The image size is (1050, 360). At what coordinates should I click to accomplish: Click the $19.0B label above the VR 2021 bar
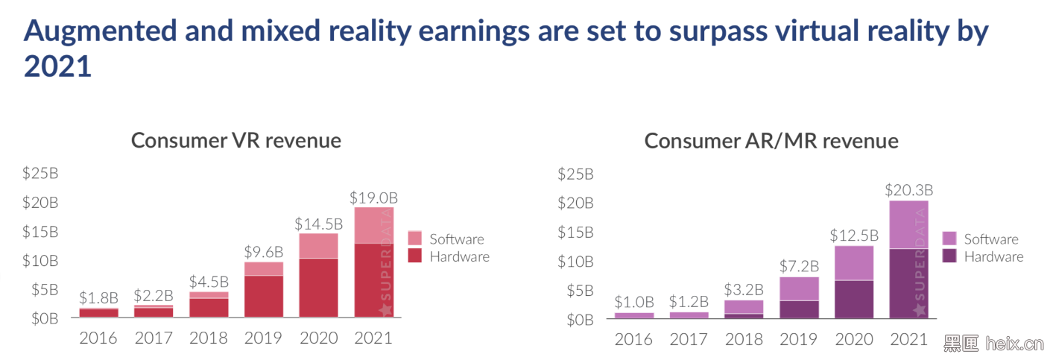[x=373, y=198]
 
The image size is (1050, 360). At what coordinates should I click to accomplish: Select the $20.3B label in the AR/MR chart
[x=909, y=190]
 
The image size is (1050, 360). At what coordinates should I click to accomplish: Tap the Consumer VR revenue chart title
[x=236, y=140]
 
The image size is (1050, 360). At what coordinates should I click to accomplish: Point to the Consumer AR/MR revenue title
[x=771, y=141]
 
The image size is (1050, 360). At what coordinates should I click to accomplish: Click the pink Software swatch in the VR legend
[x=415, y=239]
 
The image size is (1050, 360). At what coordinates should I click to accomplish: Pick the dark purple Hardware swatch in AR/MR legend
[x=949, y=256]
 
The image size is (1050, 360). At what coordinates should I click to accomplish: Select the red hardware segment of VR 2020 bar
[x=318, y=288]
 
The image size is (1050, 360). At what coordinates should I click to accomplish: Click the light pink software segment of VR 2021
[x=373, y=225]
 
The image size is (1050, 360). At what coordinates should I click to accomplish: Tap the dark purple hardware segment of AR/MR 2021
[x=909, y=283]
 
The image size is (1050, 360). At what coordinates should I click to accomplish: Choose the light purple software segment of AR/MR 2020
[x=854, y=262]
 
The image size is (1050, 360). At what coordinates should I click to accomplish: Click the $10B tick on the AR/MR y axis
[x=576, y=261]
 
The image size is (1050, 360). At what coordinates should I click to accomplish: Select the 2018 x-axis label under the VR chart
[x=209, y=338]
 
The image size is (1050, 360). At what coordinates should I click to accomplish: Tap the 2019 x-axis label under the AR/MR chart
[x=799, y=339]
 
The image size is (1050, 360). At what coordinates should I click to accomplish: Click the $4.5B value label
[x=209, y=282]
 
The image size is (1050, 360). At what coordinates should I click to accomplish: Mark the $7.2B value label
[x=799, y=266]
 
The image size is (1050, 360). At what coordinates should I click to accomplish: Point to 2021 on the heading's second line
[x=58, y=66]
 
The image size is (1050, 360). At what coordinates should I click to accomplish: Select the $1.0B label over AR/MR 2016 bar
[x=634, y=302]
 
